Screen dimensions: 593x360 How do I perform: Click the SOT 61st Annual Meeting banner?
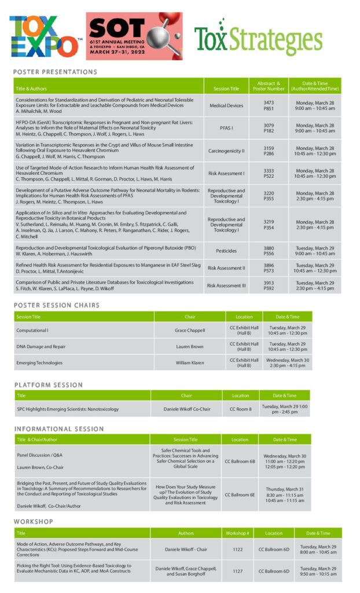pyautogui.click(x=134, y=36)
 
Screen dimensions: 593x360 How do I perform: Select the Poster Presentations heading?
pyautogui.click(x=55, y=72)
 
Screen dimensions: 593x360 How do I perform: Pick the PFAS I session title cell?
pyautogui.click(x=226, y=128)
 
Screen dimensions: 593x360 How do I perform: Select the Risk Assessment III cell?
pyautogui.click(x=226, y=285)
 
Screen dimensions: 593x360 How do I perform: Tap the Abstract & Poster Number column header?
pyautogui.click(x=269, y=86)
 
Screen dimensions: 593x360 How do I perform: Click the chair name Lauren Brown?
pyautogui.click(x=190, y=346)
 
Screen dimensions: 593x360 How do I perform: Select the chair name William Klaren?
pyautogui.click(x=190, y=363)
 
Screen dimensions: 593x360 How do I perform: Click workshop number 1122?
pyautogui.click(x=237, y=548)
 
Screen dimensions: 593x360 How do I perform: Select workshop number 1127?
pyautogui.click(x=237, y=571)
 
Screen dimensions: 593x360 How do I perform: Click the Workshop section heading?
pyautogui.click(x=34, y=522)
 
